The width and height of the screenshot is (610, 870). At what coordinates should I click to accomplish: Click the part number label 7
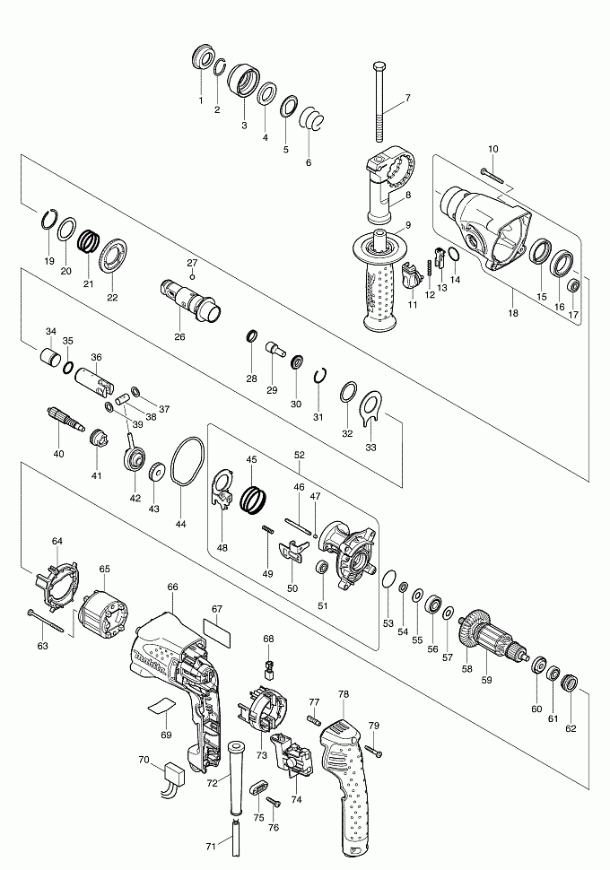coord(406,98)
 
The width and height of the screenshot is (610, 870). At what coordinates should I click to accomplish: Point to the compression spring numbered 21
coord(89,243)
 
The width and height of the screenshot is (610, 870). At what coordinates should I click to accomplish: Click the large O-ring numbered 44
coord(187,463)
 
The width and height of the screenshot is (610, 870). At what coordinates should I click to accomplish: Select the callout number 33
coord(370,446)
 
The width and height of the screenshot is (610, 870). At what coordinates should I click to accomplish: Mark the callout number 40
coord(58,454)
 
